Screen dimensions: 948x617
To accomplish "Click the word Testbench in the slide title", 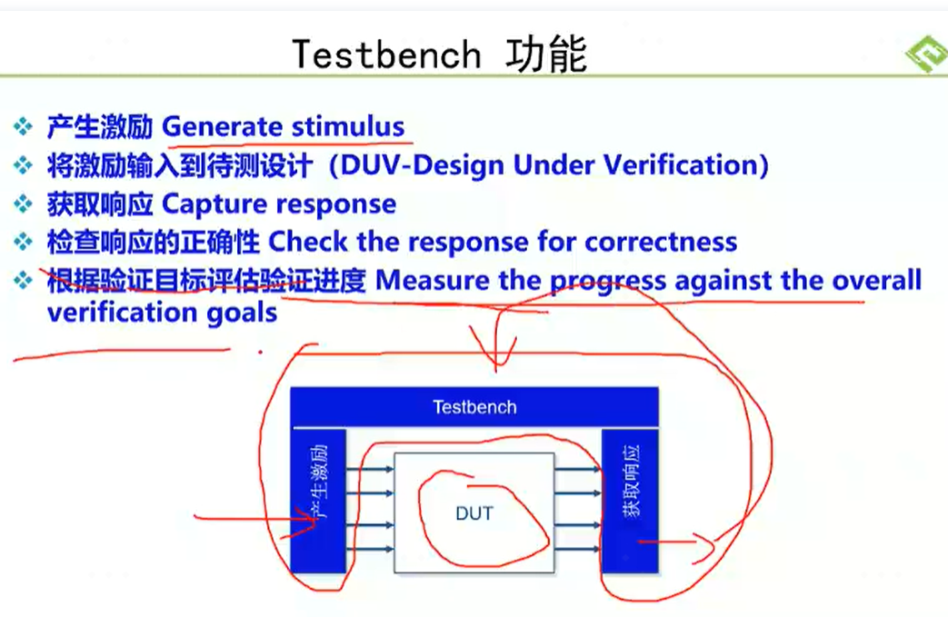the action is point(386,55).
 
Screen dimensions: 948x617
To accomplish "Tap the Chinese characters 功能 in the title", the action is point(546,54).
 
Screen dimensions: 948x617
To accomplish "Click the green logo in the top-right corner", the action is point(927,55).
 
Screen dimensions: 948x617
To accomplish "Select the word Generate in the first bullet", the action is point(223,127).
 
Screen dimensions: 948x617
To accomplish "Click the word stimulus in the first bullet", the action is point(348,127).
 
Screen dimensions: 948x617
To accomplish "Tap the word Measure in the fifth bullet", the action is point(433,281).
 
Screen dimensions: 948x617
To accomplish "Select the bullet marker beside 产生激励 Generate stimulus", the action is point(24,127).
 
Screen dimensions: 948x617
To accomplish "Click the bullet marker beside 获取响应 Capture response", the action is point(24,204).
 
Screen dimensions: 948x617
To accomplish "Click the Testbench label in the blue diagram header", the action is point(474,407).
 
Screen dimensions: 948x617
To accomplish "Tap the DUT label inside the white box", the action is point(474,513).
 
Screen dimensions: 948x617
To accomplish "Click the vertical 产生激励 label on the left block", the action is point(318,483).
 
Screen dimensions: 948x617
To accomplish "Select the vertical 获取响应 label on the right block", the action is point(631,482).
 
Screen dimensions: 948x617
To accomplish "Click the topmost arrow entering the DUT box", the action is point(370,469).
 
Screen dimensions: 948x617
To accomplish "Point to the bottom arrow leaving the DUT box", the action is point(577,549).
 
